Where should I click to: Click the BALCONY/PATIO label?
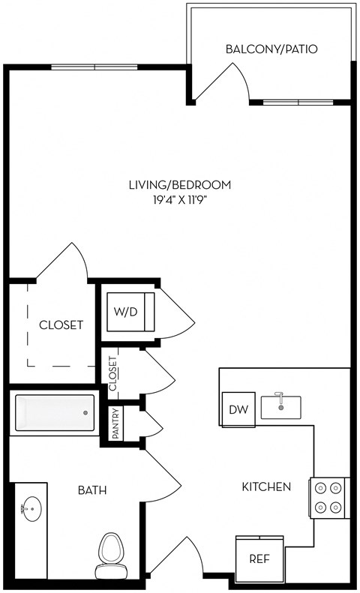coord(271,49)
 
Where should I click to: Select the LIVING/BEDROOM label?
coord(180,185)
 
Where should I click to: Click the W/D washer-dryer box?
coord(130,312)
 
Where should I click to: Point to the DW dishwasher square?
coord(238,409)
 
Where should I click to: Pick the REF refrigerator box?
coord(259,559)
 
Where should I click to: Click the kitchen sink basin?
coord(281,407)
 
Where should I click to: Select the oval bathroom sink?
coord(31,509)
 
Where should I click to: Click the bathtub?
coord(55,412)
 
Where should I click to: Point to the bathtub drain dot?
coord(85,412)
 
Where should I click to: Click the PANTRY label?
coord(116,423)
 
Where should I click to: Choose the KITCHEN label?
coord(266,487)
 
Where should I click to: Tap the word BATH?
coord(92,490)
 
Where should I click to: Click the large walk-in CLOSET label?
coord(61,325)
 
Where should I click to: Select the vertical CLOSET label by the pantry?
coord(112,373)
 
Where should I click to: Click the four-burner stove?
coord(328,498)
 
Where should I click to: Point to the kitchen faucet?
coord(280,397)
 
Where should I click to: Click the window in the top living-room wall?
coord(94,67)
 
